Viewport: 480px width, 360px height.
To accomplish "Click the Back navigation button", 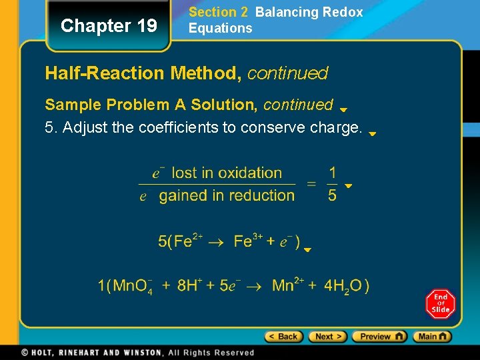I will (x=283, y=337).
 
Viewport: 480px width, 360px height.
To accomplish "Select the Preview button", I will (x=379, y=337).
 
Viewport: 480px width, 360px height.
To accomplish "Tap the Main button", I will (x=432, y=337).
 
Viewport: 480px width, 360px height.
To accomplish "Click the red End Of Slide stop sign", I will (x=440, y=304).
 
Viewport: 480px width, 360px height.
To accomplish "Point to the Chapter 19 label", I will (x=109, y=26).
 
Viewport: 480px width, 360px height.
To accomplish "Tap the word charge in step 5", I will (x=336, y=127).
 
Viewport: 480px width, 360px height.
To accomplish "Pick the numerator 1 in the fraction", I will (x=333, y=173).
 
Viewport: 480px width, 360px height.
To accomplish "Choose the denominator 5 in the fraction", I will (x=333, y=195).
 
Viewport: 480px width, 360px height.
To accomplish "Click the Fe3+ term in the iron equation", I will (x=247, y=241).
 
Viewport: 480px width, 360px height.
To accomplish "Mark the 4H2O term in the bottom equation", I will (x=343, y=287).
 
